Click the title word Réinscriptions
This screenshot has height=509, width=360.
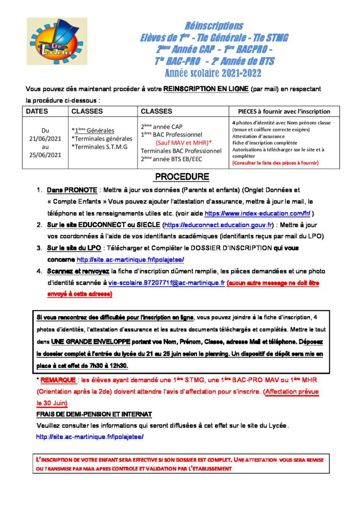(x=214, y=26)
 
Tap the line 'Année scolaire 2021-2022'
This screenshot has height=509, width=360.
(x=213, y=74)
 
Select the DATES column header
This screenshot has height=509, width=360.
(x=37, y=111)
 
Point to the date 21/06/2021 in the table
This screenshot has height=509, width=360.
(x=45, y=138)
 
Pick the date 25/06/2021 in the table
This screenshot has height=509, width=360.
(x=45, y=154)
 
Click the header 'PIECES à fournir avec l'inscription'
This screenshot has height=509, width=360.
(x=284, y=111)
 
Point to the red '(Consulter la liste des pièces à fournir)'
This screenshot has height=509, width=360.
(x=275, y=163)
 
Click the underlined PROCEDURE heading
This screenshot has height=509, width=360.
(x=182, y=177)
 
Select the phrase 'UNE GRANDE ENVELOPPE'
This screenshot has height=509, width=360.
(x=91, y=342)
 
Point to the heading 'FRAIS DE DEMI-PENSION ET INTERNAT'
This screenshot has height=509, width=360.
(x=94, y=414)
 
